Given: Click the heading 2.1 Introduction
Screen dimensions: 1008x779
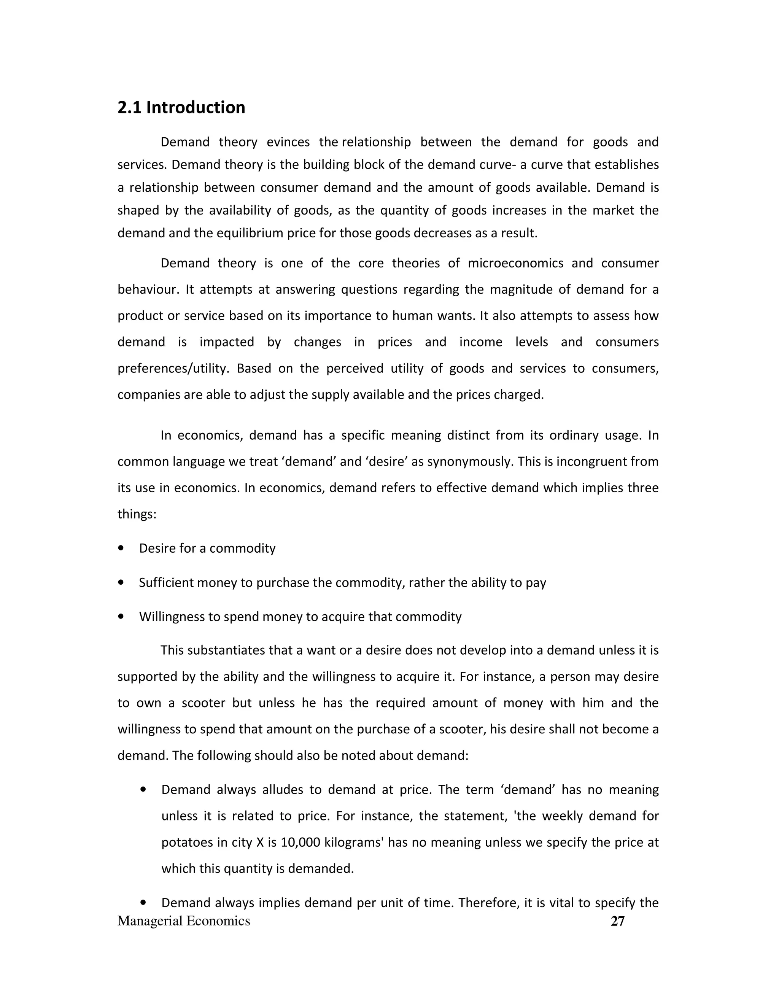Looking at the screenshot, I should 181,108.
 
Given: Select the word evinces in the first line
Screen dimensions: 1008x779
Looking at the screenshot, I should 288,142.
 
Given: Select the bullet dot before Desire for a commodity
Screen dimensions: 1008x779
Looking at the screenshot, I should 121,548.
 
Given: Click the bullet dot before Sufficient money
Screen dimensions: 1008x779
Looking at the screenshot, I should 121,583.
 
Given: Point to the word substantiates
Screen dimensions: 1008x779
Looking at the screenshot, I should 227,650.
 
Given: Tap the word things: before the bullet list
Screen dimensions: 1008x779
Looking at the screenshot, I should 137,514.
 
